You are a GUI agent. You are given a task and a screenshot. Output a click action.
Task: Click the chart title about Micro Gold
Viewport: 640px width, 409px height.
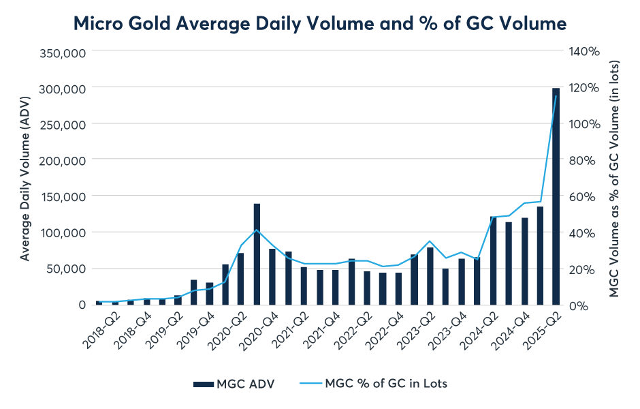point(320,24)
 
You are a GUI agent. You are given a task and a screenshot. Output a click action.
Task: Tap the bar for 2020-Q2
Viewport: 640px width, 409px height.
point(240,279)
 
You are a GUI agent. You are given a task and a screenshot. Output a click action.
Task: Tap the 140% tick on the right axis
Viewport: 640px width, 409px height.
point(584,52)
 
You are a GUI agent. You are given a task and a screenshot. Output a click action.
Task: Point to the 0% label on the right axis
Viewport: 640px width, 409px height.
point(578,305)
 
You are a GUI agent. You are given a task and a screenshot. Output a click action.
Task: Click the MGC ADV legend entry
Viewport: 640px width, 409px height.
point(235,384)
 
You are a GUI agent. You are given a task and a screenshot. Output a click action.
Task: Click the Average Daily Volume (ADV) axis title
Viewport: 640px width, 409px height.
point(25,179)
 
